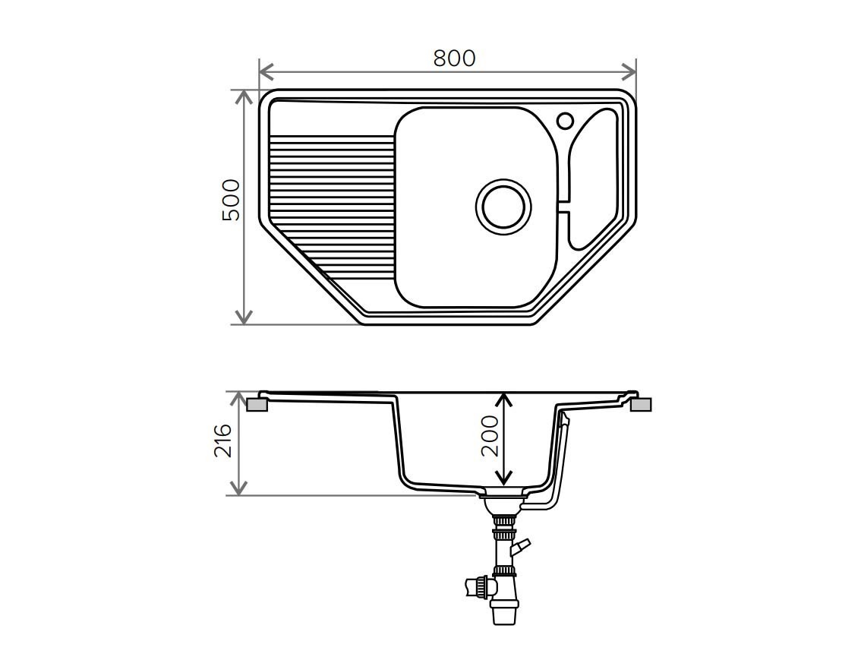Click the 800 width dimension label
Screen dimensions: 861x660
coord(453,58)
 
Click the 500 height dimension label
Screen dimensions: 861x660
coord(231,200)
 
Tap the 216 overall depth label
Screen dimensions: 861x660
coord(223,441)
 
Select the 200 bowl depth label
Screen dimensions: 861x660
coord(489,436)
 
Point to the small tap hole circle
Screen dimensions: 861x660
coord(565,120)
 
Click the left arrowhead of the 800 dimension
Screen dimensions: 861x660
coord(266,71)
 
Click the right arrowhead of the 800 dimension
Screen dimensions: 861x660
coord(628,71)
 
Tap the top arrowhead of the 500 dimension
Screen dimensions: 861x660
coord(243,97)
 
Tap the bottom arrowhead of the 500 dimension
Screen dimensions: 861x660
coord(243,317)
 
